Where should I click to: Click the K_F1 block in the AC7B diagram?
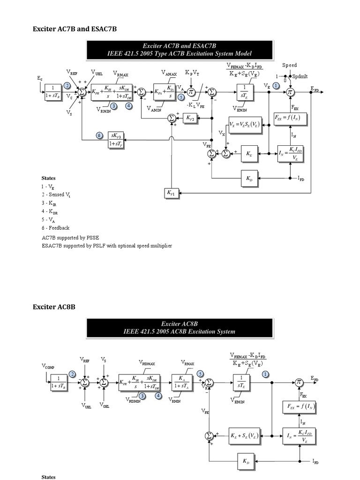tap(170, 193)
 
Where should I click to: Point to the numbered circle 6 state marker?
tap(99, 135)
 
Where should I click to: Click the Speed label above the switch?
tap(289, 65)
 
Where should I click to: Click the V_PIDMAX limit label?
tap(148, 362)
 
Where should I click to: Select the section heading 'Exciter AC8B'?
tap(54, 307)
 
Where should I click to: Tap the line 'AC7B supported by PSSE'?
tap(71, 238)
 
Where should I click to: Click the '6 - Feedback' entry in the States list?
tap(55, 228)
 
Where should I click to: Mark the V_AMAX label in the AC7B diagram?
tap(169, 74)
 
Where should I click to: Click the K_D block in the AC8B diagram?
tap(247, 461)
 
